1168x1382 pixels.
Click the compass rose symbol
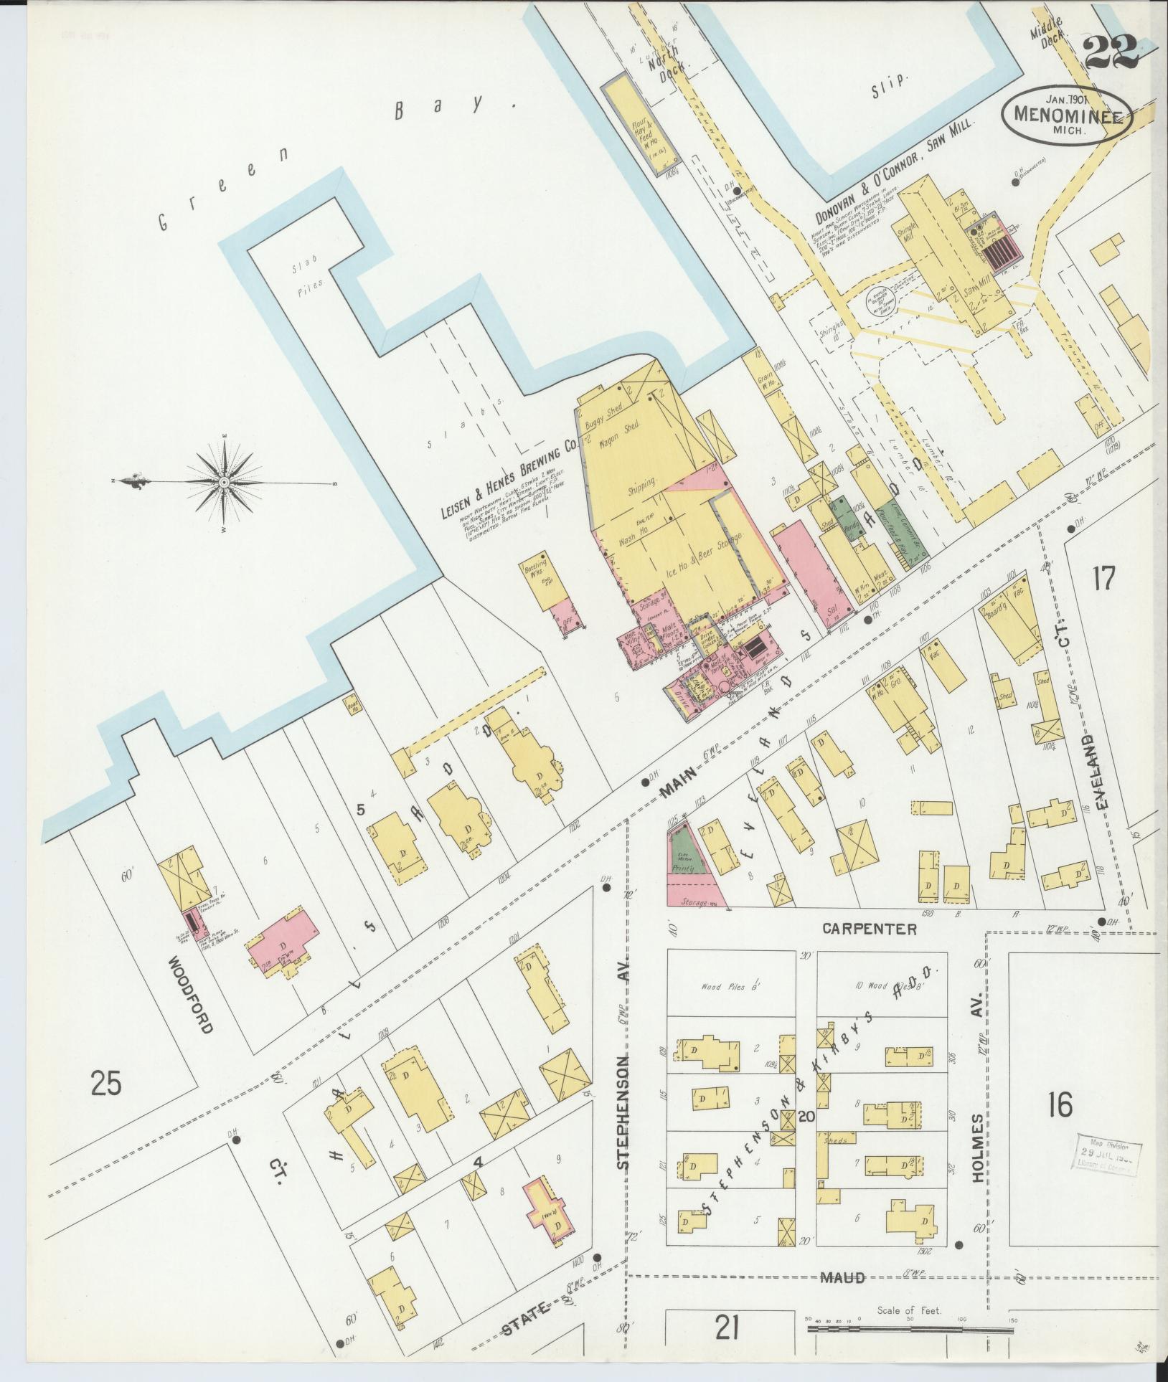[225, 483]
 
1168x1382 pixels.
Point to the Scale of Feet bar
[910, 1329]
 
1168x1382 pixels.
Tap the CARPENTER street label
[869, 929]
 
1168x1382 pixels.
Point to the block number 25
[106, 1082]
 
